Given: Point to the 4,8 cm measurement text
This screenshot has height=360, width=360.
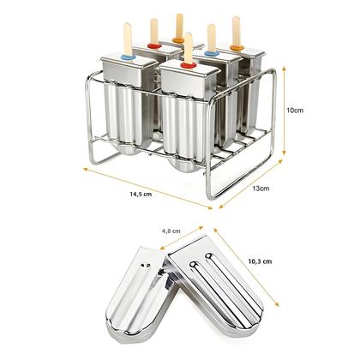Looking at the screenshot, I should click(172, 230).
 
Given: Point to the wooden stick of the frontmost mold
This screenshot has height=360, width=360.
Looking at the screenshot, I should click(189, 48).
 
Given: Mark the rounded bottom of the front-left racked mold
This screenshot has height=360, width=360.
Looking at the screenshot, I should click(124, 154).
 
